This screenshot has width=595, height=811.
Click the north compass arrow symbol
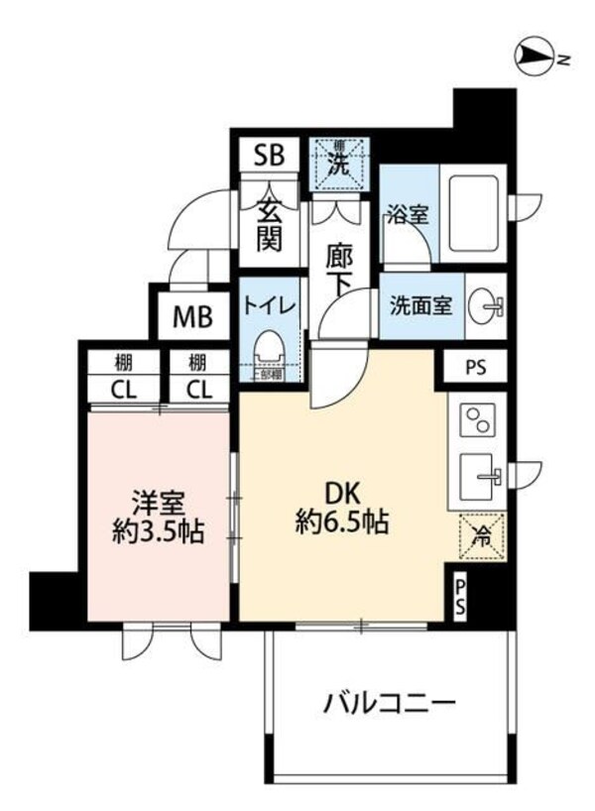click(x=535, y=58)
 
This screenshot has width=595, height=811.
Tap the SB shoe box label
click(x=269, y=155)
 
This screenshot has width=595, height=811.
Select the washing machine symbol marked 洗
click(x=337, y=162)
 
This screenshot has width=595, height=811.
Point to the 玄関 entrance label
click(x=269, y=224)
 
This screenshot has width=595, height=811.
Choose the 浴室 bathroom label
click(x=407, y=213)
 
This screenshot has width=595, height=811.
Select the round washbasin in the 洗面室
click(x=486, y=306)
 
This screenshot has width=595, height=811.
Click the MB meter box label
click(x=192, y=317)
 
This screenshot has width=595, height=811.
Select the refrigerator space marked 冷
click(x=481, y=536)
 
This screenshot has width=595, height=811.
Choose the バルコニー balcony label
click(x=389, y=705)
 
